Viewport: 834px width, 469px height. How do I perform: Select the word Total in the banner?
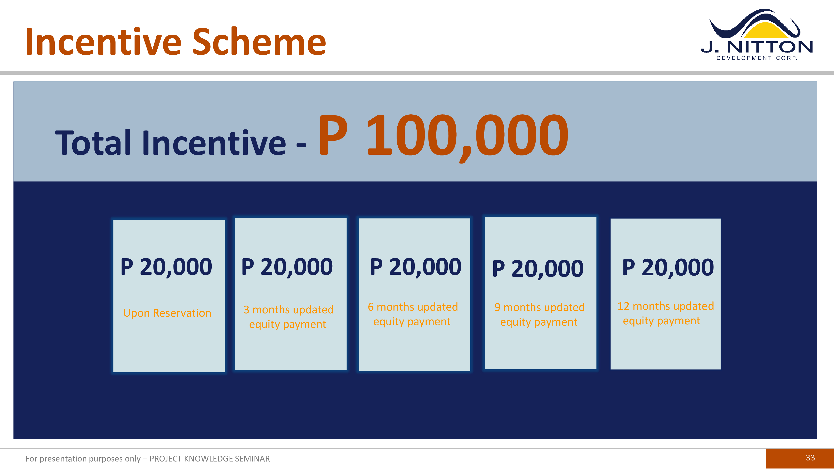coord(93,142)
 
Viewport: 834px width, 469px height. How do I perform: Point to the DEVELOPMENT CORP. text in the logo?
coord(757,58)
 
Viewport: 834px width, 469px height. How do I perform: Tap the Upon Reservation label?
coord(167,313)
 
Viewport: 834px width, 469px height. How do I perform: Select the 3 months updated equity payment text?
coord(288,317)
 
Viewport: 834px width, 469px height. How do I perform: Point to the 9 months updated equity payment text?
coord(539,315)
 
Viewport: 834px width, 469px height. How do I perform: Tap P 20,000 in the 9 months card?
coord(538,269)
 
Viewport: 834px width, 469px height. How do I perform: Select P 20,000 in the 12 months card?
coord(668,267)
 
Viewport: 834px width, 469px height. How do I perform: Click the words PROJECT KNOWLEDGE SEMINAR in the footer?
coord(210,459)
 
